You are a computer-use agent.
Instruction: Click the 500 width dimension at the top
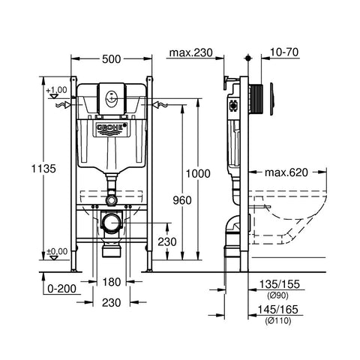111,59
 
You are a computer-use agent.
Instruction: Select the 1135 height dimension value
43,169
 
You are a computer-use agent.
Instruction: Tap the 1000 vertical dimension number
198,173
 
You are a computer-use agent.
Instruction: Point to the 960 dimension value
182,200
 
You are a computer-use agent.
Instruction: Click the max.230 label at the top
190,52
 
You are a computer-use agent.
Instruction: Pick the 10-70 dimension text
284,52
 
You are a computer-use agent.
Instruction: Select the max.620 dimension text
286,172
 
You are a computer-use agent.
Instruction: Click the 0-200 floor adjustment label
61,289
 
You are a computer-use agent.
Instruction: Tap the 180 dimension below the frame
112,282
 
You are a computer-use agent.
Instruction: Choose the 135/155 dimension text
279,284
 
